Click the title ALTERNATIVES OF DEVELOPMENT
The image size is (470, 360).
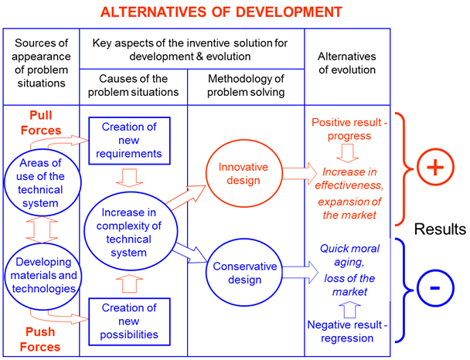[x=221, y=12]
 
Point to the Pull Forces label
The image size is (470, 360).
[x=41, y=123]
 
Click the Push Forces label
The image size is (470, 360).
[x=40, y=339]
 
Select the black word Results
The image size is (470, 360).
[x=440, y=229]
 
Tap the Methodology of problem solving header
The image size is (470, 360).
[x=246, y=85]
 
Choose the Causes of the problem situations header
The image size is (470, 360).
[x=133, y=85]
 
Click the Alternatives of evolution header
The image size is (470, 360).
[x=347, y=63]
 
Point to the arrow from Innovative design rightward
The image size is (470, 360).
[x=300, y=173]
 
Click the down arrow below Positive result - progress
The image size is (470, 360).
[x=348, y=153]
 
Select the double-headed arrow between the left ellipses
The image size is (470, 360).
[x=42, y=229]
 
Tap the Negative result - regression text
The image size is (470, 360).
[x=347, y=331]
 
